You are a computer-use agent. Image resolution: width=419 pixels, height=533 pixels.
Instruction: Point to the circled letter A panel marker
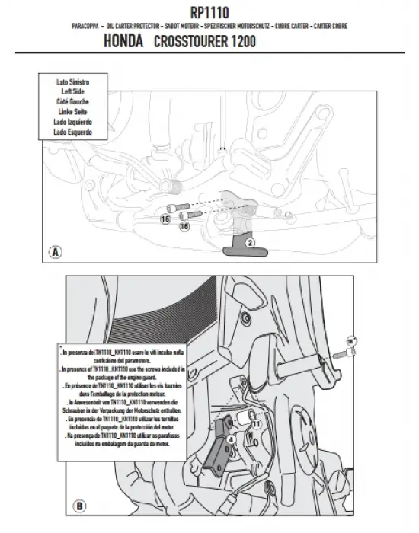point(54,251)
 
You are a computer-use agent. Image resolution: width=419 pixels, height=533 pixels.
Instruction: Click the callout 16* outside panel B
point(350,340)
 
